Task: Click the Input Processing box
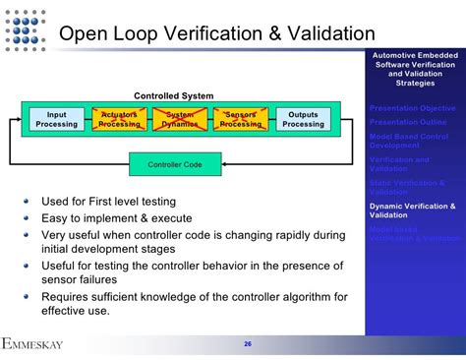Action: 57,120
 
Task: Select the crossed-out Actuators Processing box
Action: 119,120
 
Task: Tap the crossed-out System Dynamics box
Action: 180,120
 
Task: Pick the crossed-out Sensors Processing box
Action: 241,120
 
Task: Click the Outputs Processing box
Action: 303,120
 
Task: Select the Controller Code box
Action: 175,164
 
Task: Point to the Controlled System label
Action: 173,95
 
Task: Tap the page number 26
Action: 248,344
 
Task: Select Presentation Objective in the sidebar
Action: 412,107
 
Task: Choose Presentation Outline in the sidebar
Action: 407,122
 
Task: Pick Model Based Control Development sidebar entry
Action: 408,140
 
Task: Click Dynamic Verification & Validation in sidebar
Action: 412,210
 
